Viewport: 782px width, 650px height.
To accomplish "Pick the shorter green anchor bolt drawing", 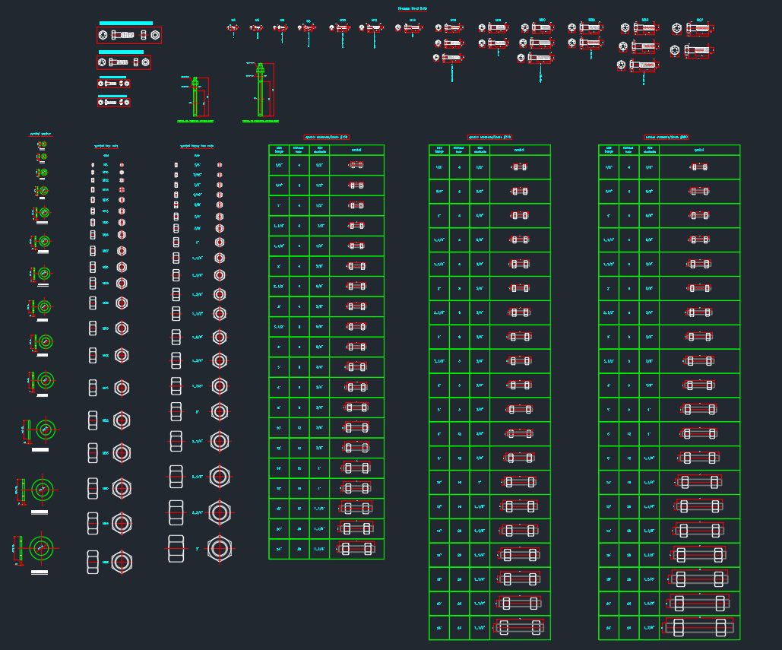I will pyautogui.click(x=195, y=97).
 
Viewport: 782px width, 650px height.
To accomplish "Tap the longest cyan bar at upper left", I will pyautogui.click(x=126, y=24).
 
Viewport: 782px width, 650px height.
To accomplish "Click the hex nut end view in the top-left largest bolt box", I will pyautogui.click(x=154, y=35).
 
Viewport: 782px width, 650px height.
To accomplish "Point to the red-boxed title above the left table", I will pyautogui.click(x=326, y=138).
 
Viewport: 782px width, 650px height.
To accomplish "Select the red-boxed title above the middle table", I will pyautogui.click(x=489, y=138).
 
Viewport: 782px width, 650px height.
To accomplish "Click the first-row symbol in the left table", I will pyautogui.click(x=356, y=165).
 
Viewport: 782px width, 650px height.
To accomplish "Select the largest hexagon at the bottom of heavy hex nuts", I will pyautogui.click(x=220, y=548).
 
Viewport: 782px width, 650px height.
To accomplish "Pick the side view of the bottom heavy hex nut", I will pyautogui.click(x=176, y=547).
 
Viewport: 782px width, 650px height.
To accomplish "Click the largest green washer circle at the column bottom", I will pyautogui.click(x=41, y=548).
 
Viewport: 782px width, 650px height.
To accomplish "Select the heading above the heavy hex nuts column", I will pyautogui.click(x=196, y=145).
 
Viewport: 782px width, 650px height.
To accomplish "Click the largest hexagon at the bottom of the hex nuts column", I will pyautogui.click(x=122, y=562).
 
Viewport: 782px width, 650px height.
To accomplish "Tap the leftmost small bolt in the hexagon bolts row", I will pyautogui.click(x=233, y=29).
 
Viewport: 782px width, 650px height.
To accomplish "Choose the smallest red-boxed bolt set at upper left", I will pyautogui.click(x=113, y=102).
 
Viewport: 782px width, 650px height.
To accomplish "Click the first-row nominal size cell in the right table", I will pyautogui.click(x=609, y=166).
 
